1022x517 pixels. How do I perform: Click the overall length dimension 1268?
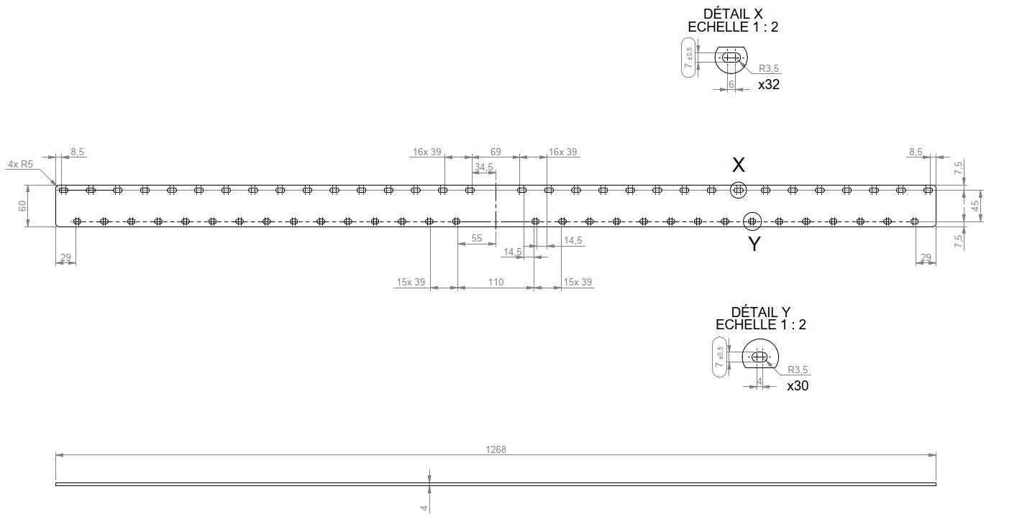tap(496, 449)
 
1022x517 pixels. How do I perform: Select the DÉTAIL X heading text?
tap(733, 14)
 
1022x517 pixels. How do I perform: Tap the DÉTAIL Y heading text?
tap(760, 312)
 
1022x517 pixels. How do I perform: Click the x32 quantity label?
tap(769, 84)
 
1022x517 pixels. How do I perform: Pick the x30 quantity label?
tap(798, 385)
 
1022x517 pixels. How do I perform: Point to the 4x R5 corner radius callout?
tap(20, 164)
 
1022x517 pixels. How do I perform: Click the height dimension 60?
tap(23, 206)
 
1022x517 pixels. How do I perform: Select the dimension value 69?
tap(496, 152)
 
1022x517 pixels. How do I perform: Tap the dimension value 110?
tap(496, 282)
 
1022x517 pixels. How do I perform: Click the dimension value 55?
tap(477, 238)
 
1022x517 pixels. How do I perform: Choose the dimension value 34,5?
tap(484, 168)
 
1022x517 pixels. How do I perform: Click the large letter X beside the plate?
tap(738, 165)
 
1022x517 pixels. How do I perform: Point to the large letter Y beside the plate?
tap(754, 244)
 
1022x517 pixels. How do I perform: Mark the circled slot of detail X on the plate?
tap(738, 190)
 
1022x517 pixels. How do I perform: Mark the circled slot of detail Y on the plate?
tap(752, 220)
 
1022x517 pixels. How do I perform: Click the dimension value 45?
tap(975, 205)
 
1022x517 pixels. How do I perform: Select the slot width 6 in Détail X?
tap(731, 84)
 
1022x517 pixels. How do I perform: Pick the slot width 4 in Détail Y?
tap(759, 381)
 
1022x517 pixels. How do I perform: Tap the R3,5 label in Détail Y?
tap(798, 370)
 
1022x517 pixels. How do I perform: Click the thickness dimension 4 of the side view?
tap(424, 508)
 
